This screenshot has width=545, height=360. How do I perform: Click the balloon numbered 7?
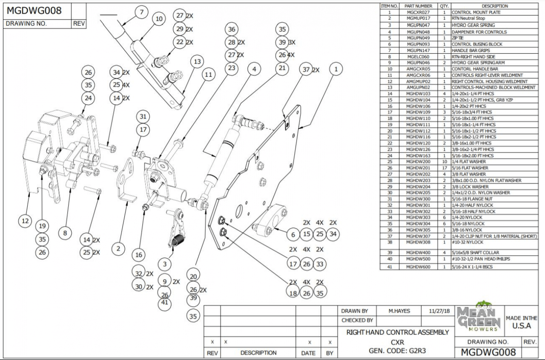click(x=141, y=12)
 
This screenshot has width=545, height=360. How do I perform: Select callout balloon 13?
click(x=197, y=61)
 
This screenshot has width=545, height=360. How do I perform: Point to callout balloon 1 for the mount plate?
click(x=336, y=69)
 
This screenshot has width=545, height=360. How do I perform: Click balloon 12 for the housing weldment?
click(x=25, y=221)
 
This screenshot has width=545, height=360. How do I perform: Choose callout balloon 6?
click(x=293, y=234)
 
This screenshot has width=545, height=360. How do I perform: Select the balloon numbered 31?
click(x=143, y=117)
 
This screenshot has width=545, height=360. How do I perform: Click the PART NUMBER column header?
click(x=418, y=6)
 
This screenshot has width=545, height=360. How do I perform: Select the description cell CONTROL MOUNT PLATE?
click(x=476, y=12)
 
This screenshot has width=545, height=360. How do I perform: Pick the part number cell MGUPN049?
click(x=418, y=38)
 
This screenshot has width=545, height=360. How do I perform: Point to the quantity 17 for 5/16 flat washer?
click(x=445, y=168)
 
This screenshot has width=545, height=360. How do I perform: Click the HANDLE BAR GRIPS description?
click(x=470, y=50)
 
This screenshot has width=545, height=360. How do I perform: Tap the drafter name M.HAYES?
click(x=399, y=311)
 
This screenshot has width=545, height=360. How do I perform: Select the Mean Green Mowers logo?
click(x=479, y=317)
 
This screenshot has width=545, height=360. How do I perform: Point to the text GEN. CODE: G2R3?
click(x=397, y=351)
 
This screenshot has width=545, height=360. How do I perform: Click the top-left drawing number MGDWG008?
click(x=34, y=11)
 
